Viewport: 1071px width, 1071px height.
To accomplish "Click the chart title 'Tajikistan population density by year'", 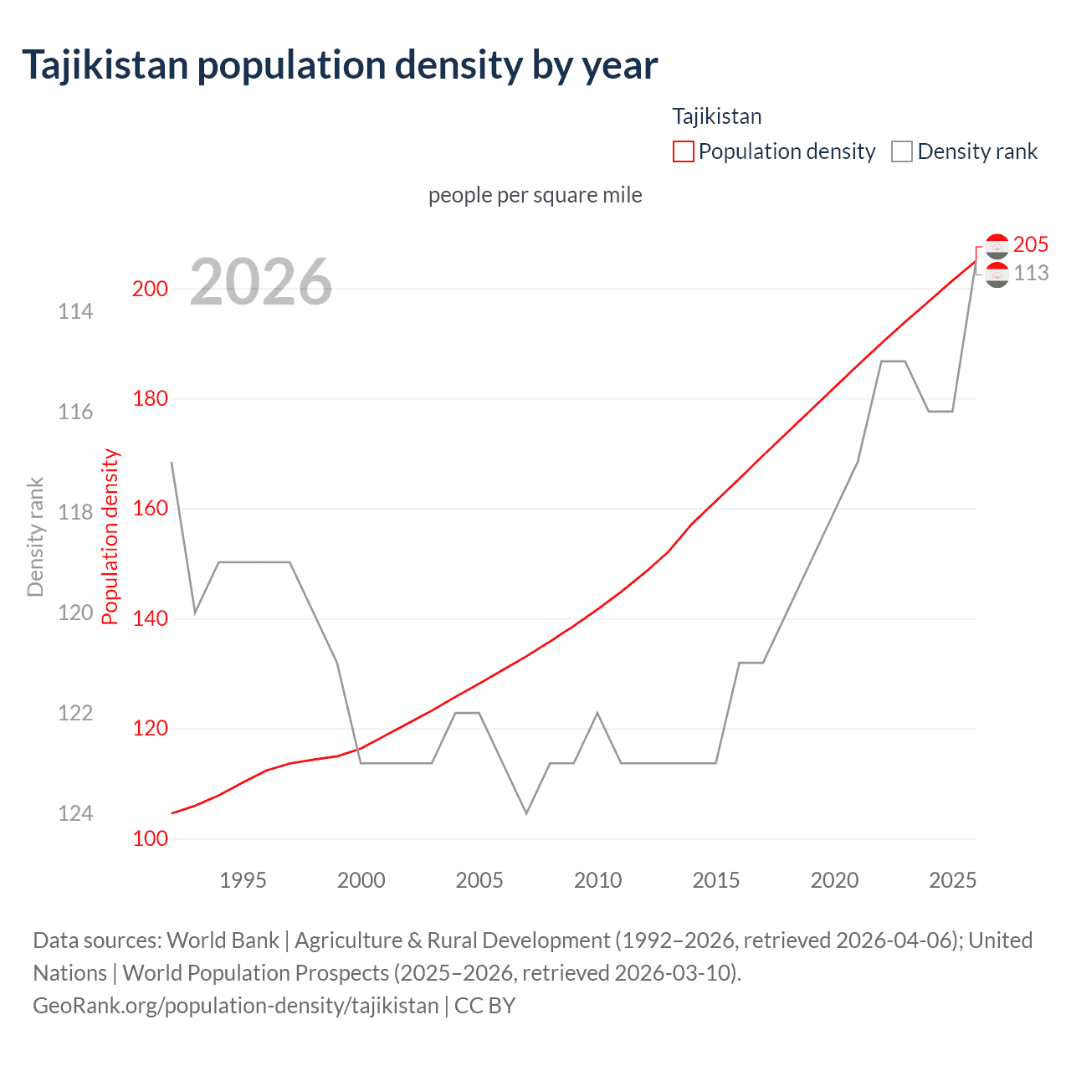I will [340, 65].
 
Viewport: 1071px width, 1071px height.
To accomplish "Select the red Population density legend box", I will [683, 151].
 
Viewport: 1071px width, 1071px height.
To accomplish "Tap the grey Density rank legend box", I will [901, 151].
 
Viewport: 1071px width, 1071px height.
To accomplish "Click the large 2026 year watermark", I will [261, 282].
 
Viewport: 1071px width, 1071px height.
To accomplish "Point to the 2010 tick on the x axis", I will [597, 880].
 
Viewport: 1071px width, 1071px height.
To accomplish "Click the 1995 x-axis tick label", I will [243, 880].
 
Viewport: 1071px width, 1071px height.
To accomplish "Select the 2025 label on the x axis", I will [953, 880].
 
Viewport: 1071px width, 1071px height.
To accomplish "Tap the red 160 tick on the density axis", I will [151, 509].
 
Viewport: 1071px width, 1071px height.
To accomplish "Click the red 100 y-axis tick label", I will [151, 838].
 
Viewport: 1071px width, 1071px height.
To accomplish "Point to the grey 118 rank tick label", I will [75, 512].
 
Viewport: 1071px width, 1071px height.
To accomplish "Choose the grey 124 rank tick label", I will [75, 813].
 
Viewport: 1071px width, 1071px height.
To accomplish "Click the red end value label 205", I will [1030, 244].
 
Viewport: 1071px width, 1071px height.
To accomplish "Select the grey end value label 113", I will [1031, 274].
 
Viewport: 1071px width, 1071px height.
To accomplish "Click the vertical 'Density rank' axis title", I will [35, 537].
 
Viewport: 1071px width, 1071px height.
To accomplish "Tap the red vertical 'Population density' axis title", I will [110, 537].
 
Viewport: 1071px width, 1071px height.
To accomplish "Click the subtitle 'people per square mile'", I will [535, 195].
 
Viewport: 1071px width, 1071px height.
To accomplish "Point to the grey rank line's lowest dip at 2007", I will [526, 812].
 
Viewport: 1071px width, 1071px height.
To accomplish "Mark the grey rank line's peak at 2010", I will [597, 713].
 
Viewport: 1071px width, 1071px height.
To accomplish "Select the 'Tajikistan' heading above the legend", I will [717, 116].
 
